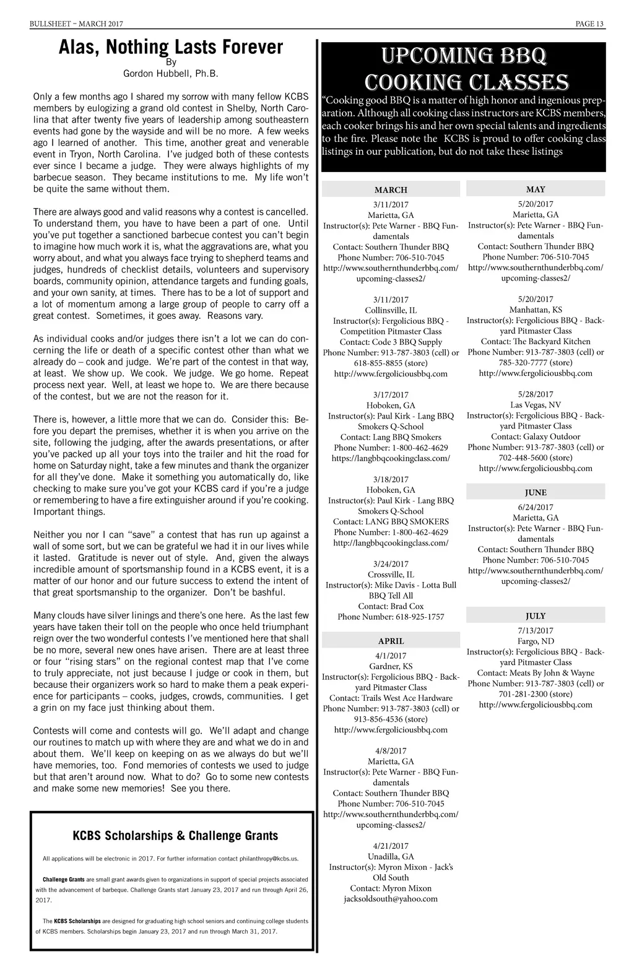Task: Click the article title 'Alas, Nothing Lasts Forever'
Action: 171,47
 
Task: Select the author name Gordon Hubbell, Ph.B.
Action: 171,74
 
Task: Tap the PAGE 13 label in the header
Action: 589,24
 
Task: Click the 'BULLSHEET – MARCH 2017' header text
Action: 76,24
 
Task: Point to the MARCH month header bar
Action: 391,190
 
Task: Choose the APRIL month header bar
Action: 391,641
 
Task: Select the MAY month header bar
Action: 536,189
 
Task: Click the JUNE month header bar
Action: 536,493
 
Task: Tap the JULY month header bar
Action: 536,616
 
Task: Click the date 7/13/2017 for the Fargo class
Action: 536,631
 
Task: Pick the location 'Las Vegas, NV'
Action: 536,405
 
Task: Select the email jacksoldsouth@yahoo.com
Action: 391,899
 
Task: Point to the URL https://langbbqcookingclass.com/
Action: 391,459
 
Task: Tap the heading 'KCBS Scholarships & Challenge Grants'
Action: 175,836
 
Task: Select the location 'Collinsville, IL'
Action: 391,310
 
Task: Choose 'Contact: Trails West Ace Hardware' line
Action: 391,698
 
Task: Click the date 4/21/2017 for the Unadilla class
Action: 391,846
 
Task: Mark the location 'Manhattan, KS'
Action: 536,310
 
